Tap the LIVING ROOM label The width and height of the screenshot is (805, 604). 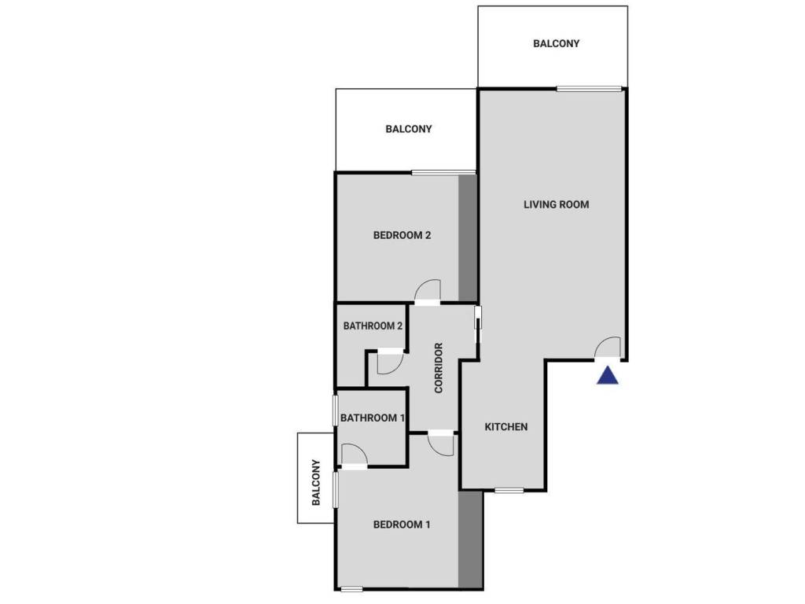(x=556, y=204)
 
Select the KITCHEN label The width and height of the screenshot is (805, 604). (x=505, y=427)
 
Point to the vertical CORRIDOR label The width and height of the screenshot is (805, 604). (x=439, y=367)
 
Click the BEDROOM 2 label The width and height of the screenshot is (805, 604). (x=402, y=235)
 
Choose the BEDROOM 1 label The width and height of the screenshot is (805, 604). (x=402, y=525)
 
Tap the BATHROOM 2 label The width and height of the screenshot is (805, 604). (x=373, y=326)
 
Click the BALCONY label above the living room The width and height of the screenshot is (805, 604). (x=556, y=44)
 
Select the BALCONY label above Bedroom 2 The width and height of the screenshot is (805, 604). (x=408, y=129)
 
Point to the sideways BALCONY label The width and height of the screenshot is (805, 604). (x=316, y=482)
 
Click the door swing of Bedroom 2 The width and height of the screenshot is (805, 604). (x=428, y=291)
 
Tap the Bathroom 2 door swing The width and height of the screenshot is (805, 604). (x=389, y=362)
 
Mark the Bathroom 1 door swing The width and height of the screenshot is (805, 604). (x=353, y=455)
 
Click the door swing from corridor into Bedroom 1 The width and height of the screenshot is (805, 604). (x=442, y=444)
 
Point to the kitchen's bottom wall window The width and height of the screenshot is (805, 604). (x=509, y=491)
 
